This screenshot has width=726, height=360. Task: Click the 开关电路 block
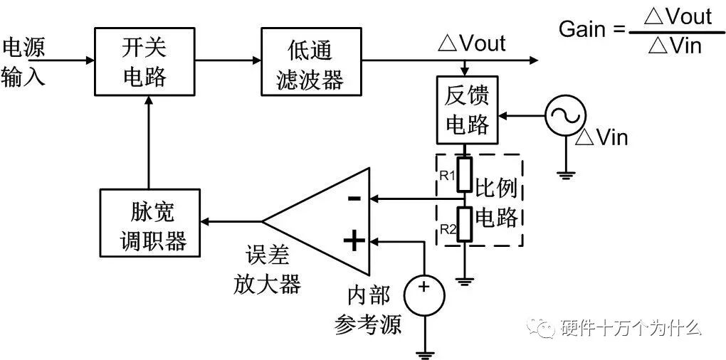pyautogui.click(x=145, y=62)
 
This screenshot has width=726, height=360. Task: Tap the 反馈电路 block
pyautogui.click(x=467, y=111)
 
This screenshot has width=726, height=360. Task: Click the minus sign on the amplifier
pyautogui.click(x=354, y=197)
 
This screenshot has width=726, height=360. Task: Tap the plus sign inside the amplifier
pyautogui.click(x=354, y=242)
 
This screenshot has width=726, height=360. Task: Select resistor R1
pyautogui.click(x=465, y=176)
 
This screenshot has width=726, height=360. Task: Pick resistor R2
pyautogui.click(x=465, y=224)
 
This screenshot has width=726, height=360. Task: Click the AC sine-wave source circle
pyautogui.click(x=564, y=114)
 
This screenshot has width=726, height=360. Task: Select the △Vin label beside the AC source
pyautogui.click(x=602, y=137)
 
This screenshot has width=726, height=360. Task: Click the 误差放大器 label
pyautogui.click(x=267, y=270)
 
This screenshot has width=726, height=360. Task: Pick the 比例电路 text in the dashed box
pyautogui.click(x=498, y=203)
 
